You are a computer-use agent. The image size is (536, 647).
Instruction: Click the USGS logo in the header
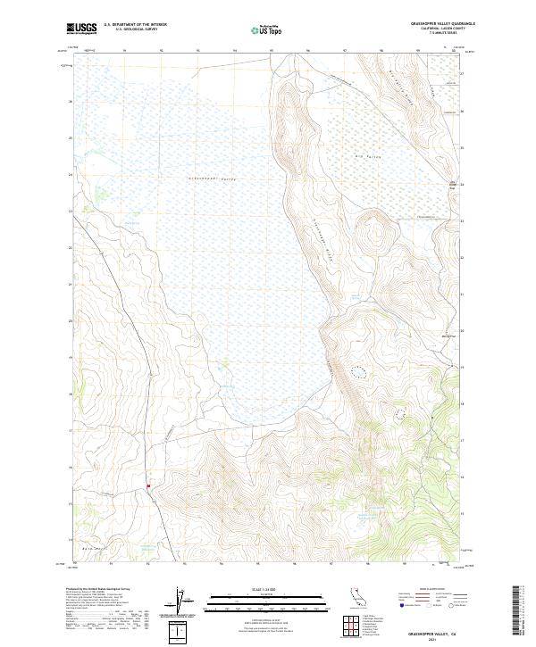81,29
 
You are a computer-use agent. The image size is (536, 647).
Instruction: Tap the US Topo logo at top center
268,29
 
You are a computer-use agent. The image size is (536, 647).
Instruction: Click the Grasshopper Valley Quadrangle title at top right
436,24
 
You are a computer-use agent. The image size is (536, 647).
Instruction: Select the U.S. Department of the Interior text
135,25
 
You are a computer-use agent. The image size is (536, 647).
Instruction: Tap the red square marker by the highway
147,485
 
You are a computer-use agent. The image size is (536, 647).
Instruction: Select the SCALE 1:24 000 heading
267,590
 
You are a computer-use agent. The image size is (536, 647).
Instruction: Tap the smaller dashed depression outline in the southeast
390,414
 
